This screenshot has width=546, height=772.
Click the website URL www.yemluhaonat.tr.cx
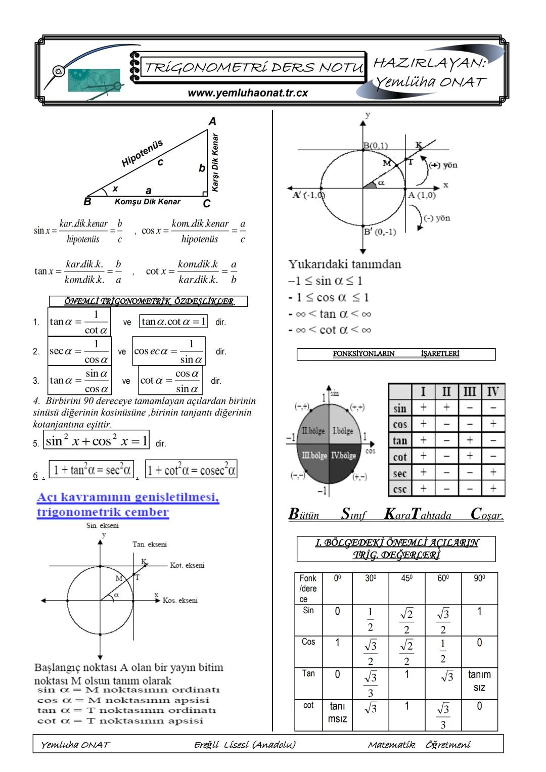click(248, 93)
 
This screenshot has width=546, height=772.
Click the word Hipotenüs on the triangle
click(142, 153)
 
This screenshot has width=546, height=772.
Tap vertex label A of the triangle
click(212, 121)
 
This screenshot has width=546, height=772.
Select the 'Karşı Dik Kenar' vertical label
click(216, 162)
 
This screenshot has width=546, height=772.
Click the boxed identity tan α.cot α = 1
click(174, 322)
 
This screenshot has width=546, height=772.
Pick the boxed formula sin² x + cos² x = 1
click(97, 441)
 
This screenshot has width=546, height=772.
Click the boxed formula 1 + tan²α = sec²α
click(92, 470)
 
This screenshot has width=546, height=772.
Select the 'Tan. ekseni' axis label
click(150, 544)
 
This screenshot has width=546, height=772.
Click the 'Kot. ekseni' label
click(187, 565)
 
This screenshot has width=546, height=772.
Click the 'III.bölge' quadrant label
click(314, 456)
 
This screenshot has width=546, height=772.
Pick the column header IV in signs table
click(492, 392)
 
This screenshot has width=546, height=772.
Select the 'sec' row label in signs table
click(400, 474)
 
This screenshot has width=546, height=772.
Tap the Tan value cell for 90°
click(479, 680)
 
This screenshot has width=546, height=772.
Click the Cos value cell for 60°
click(443, 651)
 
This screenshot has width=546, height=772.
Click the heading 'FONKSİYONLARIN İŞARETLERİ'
click(396, 354)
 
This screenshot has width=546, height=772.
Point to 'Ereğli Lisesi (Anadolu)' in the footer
click(245, 744)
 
